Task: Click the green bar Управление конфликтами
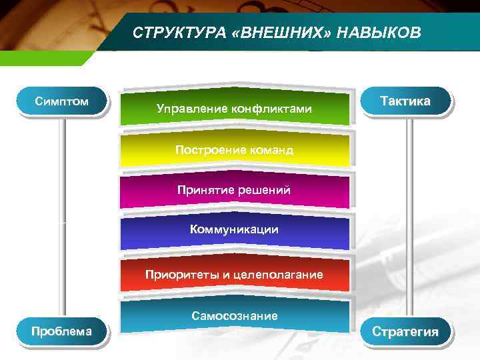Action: point(234,108)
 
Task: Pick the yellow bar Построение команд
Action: point(234,150)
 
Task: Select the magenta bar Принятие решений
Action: point(234,191)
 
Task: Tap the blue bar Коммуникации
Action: point(234,230)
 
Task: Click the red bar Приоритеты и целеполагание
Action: point(234,274)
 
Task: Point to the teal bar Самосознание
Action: point(234,315)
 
